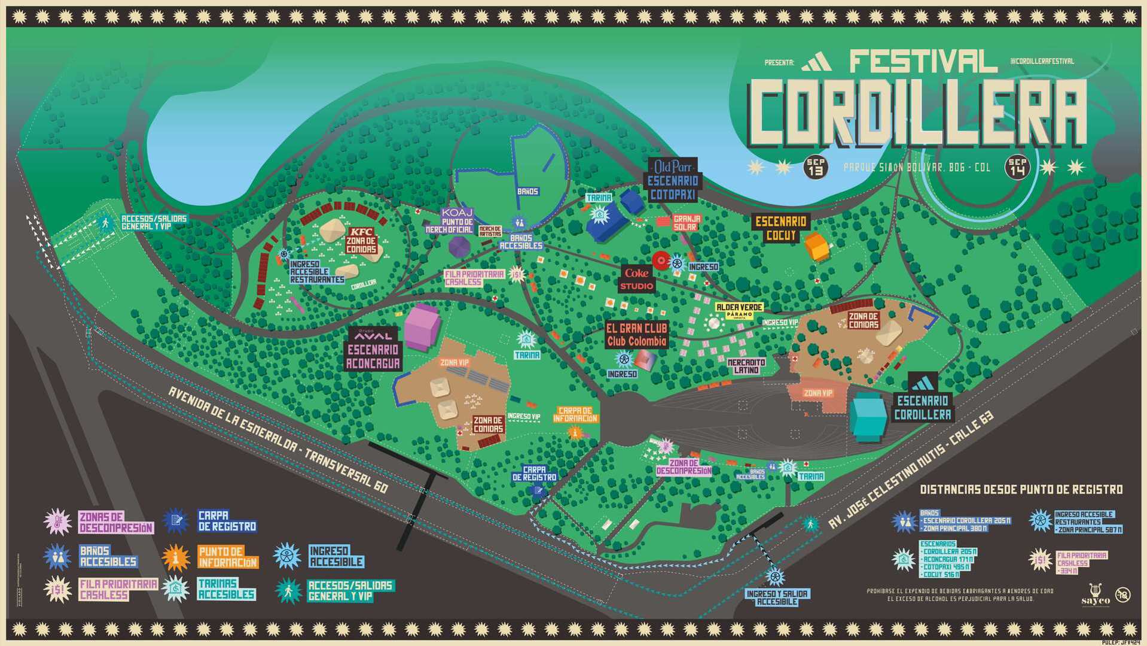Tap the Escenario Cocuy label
pos(780,228)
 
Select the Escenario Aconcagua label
pos(373,356)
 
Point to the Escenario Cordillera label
pos(922,407)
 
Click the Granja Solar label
pos(685,223)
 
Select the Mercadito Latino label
pos(746,366)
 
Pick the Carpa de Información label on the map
pos(575,414)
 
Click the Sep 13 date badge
pos(815,167)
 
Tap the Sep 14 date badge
pos(1017,167)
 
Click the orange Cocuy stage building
pos(817,247)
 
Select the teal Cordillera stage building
pos(868,416)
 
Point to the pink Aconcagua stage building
pos(422,327)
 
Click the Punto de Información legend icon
pos(176,557)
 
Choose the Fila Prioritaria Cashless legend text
pos(118,589)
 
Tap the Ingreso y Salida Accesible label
pos(777,598)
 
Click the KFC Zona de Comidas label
pos(361,240)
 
